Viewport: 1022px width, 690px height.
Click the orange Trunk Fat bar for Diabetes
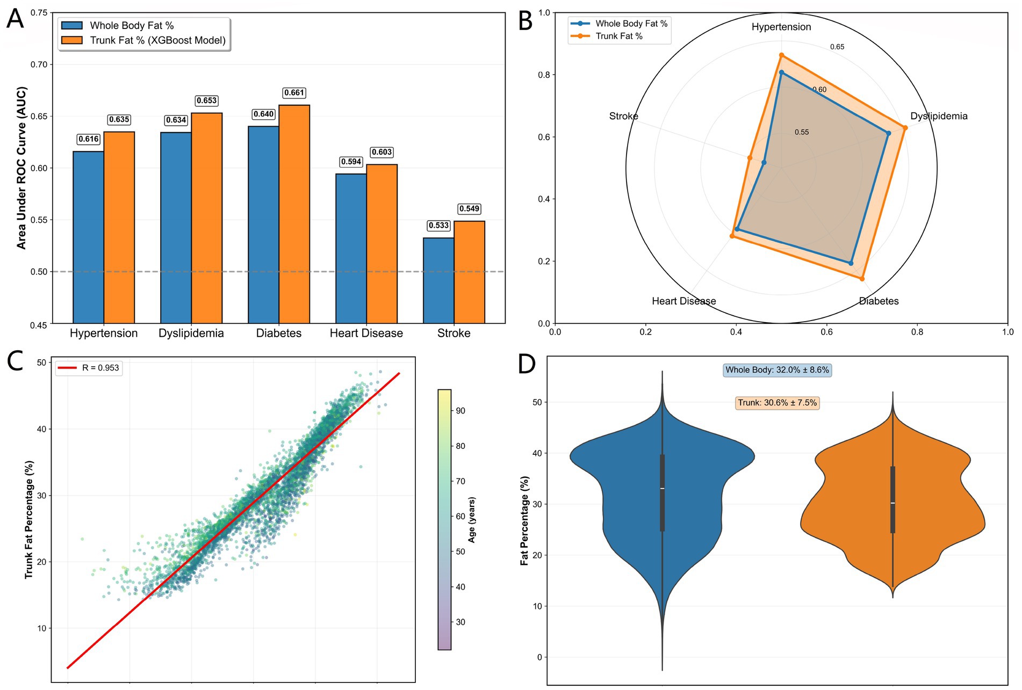point(294,215)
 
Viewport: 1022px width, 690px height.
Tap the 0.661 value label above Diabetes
point(294,93)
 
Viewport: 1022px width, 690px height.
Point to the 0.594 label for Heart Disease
point(351,162)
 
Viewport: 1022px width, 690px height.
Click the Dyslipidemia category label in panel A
point(191,333)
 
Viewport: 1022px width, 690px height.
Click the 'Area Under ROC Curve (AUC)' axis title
point(21,168)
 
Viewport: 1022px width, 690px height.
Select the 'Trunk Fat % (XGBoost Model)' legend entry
point(157,40)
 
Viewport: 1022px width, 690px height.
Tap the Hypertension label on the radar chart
point(781,27)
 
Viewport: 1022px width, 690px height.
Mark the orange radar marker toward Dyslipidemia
point(905,128)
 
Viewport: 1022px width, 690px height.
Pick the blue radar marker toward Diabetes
point(851,263)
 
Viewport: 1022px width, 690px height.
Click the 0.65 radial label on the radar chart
point(837,47)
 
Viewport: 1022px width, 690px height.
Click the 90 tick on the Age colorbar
point(460,411)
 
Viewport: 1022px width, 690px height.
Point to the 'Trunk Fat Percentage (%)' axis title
point(29,519)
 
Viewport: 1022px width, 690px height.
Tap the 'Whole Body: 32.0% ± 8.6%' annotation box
point(777,370)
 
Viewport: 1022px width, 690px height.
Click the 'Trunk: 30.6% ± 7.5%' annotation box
point(777,403)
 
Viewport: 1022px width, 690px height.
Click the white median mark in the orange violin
point(893,503)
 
